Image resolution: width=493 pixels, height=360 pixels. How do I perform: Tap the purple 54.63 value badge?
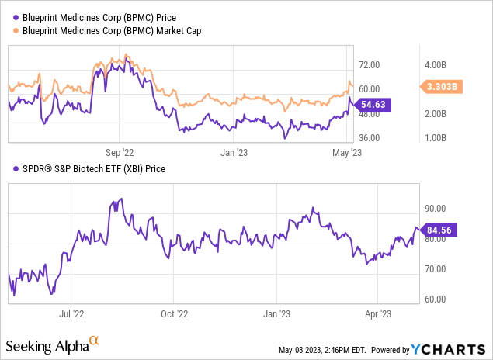click(x=377, y=103)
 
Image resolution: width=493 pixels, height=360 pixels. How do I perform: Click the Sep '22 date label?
click(x=120, y=153)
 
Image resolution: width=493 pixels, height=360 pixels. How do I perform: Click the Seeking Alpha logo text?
click(x=47, y=344)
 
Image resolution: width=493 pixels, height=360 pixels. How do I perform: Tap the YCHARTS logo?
click(x=450, y=348)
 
